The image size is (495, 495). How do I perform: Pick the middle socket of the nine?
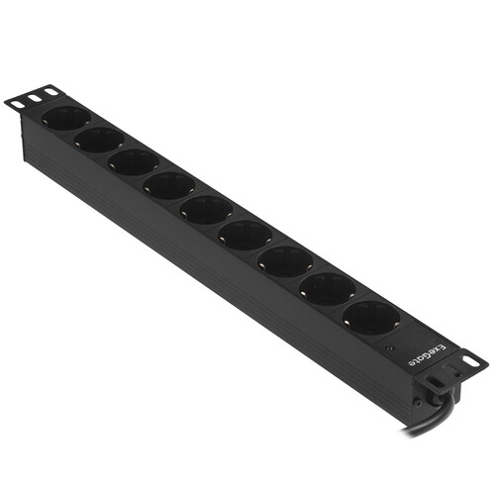click(207, 209)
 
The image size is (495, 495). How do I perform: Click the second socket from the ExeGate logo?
click(326, 290)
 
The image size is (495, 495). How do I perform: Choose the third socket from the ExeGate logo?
click(286, 262)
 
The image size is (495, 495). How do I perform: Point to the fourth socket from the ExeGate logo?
click(246, 235)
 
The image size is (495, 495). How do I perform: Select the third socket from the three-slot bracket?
click(134, 161)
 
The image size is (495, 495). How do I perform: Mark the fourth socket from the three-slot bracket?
click(169, 184)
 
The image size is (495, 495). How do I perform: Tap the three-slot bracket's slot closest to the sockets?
click(50, 92)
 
